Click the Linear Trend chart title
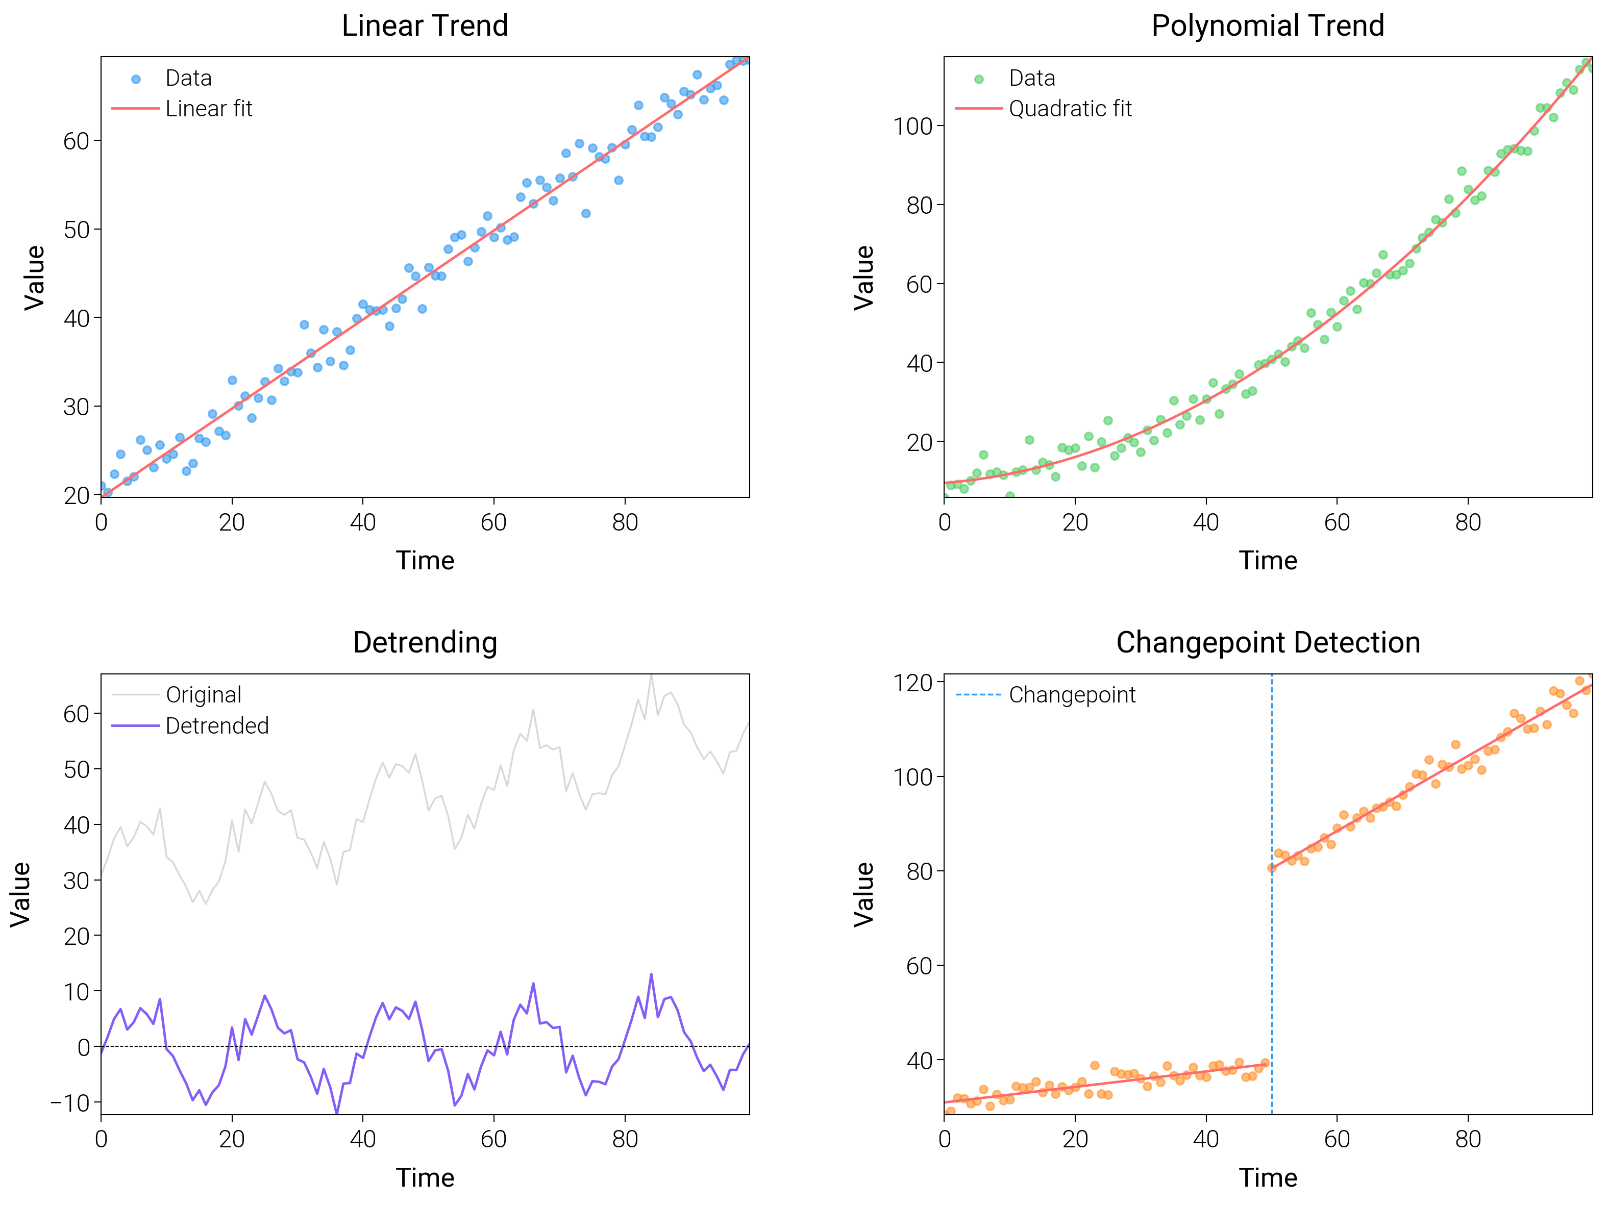click(425, 26)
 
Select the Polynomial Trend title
click(1268, 26)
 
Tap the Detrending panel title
click(425, 643)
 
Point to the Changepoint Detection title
click(1268, 643)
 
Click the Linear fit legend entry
click(209, 109)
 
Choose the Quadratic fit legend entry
click(1070, 109)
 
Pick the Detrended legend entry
click(216, 725)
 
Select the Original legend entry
click(204, 695)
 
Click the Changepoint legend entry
click(1072, 695)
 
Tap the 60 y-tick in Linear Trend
click(76, 141)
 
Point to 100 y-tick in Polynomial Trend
click(912, 127)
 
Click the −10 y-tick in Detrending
click(70, 1102)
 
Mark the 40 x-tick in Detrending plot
click(362, 1139)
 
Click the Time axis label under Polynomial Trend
click(1268, 561)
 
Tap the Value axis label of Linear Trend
click(35, 278)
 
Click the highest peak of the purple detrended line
click(651, 975)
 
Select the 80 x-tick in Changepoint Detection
click(1468, 1139)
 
